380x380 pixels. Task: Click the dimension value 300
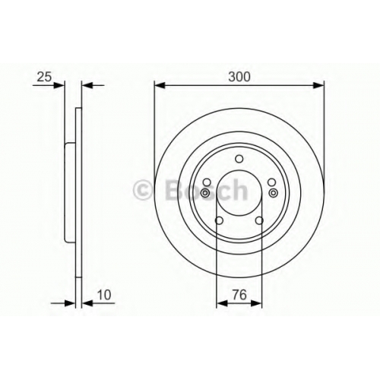[x=239, y=77]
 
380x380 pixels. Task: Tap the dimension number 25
[x=44, y=77]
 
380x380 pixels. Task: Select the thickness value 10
[x=104, y=295]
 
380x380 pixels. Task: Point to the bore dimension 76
[x=239, y=295]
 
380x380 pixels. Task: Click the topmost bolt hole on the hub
[x=239, y=159]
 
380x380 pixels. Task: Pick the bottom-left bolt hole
[x=219, y=220]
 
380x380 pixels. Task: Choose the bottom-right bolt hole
[x=259, y=220]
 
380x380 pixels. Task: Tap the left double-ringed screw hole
[x=205, y=193]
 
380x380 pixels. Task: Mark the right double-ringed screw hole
[x=274, y=193]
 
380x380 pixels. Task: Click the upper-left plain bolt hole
[x=207, y=182]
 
